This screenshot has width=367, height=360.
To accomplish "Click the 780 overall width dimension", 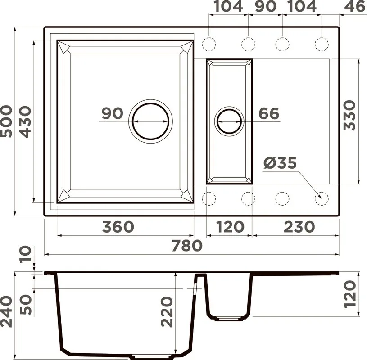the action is [187, 246].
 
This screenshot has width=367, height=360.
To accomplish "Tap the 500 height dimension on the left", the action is [6, 121].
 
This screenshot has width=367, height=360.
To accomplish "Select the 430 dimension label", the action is [25, 122].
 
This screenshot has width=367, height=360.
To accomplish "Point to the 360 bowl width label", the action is [118, 227].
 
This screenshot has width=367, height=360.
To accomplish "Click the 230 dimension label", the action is [299, 227].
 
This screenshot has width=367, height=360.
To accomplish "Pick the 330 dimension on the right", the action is [349, 115].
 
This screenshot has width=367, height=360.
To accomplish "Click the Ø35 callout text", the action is [280, 163].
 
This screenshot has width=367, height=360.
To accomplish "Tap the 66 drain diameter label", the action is [269, 113].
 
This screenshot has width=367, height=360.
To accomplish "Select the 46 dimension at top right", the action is [354, 7].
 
